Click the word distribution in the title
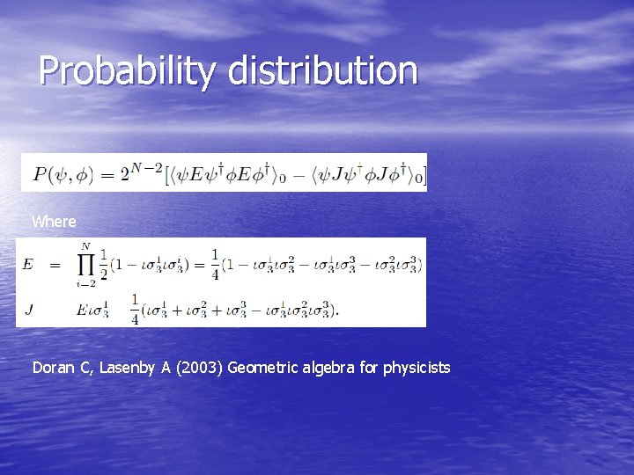pos(323,71)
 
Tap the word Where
pos(54,222)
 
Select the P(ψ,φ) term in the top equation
pos(67,174)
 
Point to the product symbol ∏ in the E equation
pos(85,264)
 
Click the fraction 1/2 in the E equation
pos(104,264)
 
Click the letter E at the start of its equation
pos(28,265)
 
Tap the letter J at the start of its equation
pos(28,309)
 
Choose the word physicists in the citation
pos(417,368)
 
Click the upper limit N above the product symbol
pos(85,246)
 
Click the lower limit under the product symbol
pos(85,284)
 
